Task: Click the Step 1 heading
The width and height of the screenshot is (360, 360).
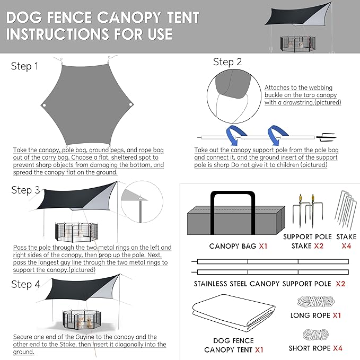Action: coord(24,66)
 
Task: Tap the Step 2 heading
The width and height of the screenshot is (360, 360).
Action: coord(227,62)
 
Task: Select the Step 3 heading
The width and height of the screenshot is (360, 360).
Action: coord(25,190)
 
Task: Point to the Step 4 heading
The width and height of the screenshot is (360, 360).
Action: coord(25,284)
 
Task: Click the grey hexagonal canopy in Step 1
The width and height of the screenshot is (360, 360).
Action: coord(87,105)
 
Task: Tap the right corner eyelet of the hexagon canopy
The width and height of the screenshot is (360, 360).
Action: coord(130,104)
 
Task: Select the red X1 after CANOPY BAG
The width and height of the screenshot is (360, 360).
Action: coord(263,246)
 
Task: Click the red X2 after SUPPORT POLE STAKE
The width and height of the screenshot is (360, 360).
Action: coord(319,246)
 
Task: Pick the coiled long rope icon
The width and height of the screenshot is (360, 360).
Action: coord(316,301)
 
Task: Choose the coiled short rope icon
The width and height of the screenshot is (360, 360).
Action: coord(316,335)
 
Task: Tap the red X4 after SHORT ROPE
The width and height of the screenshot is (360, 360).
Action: coord(338,348)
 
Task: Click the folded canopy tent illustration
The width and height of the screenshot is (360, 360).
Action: coord(234,313)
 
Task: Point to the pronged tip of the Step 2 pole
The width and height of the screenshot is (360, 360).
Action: coord(326,137)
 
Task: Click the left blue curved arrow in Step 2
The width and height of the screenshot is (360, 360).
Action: coord(234,134)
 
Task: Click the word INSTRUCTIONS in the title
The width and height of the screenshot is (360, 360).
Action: coord(58,34)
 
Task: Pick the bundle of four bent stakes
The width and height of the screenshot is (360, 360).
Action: coord(346,209)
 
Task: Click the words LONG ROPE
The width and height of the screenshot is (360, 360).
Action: coord(310,315)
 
